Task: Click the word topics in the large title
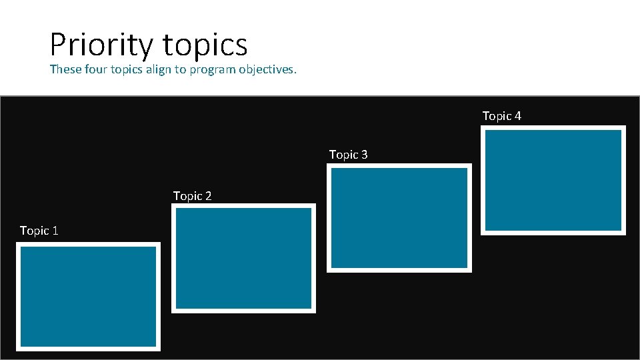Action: click(205, 45)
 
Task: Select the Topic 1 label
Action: click(39, 231)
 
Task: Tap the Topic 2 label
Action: click(192, 196)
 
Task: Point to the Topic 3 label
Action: click(348, 155)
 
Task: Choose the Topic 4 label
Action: click(501, 116)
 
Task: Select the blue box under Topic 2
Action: click(243, 258)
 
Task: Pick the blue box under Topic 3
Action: click(399, 218)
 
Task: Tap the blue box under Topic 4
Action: click(553, 180)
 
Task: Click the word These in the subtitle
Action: click(65, 69)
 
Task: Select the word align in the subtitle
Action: click(157, 69)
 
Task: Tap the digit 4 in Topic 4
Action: click(518, 116)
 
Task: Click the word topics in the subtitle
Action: click(127, 70)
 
